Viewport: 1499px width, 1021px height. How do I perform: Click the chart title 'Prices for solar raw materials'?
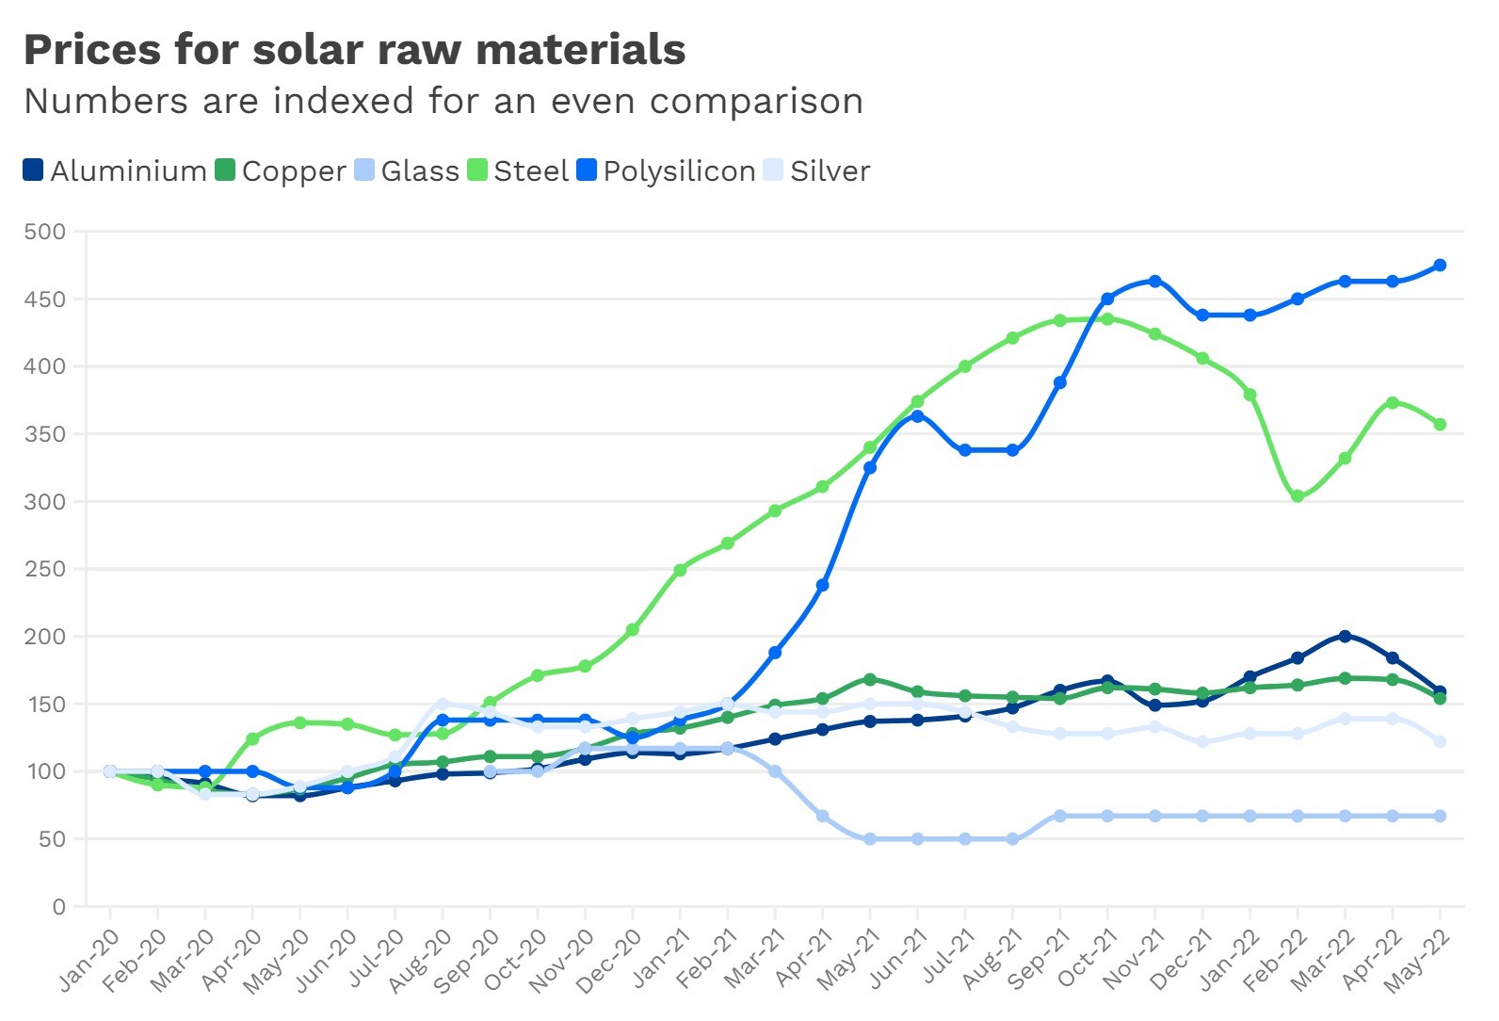[354, 50]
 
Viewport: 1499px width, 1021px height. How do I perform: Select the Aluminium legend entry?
[115, 171]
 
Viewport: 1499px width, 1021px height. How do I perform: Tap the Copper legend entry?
[281, 171]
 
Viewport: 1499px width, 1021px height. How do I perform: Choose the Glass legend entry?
[407, 171]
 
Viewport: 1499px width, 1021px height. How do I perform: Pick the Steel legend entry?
[518, 171]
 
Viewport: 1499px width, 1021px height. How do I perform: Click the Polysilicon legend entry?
[666, 171]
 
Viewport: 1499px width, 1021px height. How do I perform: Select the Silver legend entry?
[816, 171]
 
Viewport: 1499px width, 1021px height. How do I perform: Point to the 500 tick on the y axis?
[45, 232]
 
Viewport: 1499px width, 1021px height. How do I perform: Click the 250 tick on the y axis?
[45, 569]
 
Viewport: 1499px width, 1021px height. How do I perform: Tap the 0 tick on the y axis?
[58, 907]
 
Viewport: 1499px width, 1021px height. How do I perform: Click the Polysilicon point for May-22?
[1440, 266]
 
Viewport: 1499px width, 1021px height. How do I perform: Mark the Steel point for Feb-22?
[1298, 496]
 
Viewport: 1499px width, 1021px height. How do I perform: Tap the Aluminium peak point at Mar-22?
[1345, 637]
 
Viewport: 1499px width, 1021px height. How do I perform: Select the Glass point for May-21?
[870, 839]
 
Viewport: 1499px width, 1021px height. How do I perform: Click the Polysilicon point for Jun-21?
[917, 415]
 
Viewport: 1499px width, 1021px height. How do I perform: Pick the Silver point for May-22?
[1440, 742]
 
